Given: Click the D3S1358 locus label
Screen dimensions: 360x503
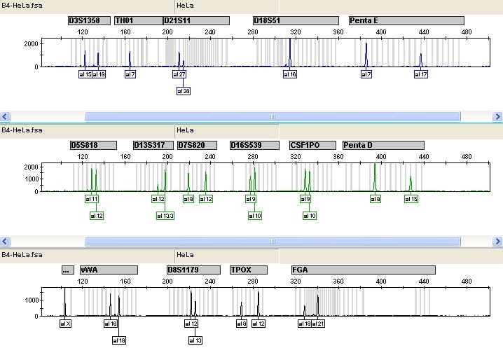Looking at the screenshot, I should [90, 21].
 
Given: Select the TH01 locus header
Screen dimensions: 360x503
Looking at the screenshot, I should [137, 21].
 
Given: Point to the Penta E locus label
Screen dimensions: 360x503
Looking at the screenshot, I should [406, 21].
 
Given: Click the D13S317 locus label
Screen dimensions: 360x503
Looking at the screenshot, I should [153, 145].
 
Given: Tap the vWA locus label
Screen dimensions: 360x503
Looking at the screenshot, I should [108, 270].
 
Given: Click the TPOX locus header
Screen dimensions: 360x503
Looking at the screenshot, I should [249, 270].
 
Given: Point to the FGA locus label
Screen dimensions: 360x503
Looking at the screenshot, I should [363, 270].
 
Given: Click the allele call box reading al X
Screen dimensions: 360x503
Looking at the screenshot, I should [66, 324].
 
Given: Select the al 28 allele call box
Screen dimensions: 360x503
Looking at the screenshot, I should [183, 91].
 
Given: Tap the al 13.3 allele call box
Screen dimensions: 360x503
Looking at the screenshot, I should [165, 216].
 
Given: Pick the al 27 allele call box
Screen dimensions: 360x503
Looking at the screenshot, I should [179, 74].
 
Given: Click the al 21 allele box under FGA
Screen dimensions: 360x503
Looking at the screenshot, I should [319, 324].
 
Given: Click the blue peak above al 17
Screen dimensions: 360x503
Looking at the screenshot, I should [420, 60].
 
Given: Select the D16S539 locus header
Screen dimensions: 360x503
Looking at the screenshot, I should [256, 145].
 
